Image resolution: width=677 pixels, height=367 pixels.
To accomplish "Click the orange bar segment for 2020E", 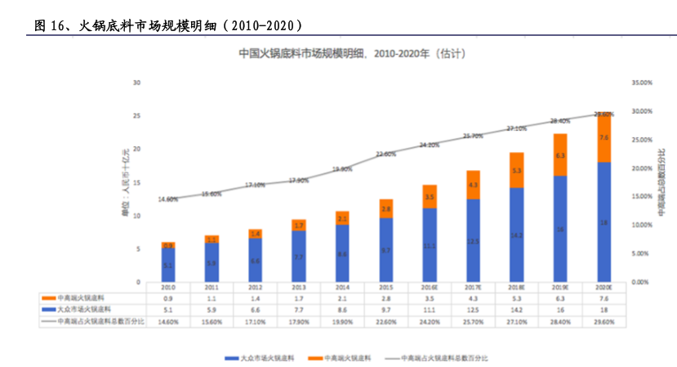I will (x=604, y=137).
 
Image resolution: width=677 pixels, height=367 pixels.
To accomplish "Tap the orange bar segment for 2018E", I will (x=516, y=171).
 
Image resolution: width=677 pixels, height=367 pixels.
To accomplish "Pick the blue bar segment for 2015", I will (x=385, y=249).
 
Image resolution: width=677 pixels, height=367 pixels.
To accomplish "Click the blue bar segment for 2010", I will (x=167, y=265).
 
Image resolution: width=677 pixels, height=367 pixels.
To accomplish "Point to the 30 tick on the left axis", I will (x=137, y=83).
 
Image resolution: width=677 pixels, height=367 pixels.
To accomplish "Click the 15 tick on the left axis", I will (x=137, y=182).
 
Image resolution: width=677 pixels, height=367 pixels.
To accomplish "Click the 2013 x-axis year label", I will (x=298, y=288).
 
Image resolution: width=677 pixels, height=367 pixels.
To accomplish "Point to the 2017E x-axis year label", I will (x=473, y=288).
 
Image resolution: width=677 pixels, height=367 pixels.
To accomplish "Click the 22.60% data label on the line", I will (x=385, y=154).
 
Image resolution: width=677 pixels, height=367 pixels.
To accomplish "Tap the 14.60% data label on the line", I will (x=167, y=199).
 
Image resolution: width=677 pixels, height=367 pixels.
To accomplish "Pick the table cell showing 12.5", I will (x=473, y=310).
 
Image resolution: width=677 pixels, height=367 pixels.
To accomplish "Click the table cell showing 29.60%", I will (x=604, y=322).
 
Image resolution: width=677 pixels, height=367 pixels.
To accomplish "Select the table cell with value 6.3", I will (x=560, y=298).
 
